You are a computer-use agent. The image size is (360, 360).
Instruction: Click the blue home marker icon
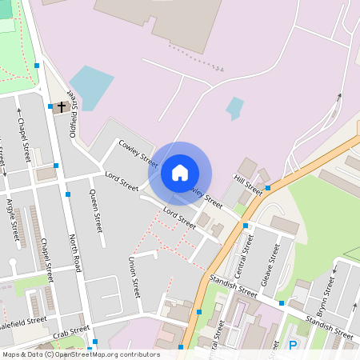[180, 172]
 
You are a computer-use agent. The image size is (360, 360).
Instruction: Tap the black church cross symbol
[62, 106]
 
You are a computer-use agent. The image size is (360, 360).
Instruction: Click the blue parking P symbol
[293, 346]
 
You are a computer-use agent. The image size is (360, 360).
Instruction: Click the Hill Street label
[248, 184]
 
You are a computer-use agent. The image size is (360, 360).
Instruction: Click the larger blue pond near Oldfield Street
[91, 87]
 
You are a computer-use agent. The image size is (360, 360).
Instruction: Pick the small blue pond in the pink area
[234, 108]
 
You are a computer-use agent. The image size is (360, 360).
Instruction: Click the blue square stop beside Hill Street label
[268, 187]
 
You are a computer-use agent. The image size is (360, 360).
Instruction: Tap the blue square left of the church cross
[50, 106]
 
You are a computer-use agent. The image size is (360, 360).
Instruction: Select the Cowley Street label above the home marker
[138, 152]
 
